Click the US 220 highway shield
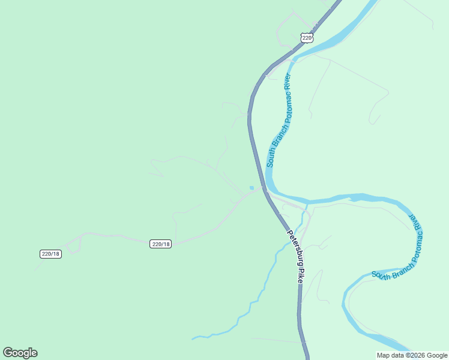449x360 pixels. click(307, 37)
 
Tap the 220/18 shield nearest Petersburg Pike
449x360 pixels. click(161, 244)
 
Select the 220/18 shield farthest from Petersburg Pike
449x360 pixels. click(50, 254)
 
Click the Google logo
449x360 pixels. click(20, 353)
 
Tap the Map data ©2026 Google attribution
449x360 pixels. click(412, 355)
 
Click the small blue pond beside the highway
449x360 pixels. click(252, 188)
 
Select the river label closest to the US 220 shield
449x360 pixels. click(279, 120)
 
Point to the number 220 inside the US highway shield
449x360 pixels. click(307, 38)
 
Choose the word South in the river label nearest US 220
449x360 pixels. click(271, 158)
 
